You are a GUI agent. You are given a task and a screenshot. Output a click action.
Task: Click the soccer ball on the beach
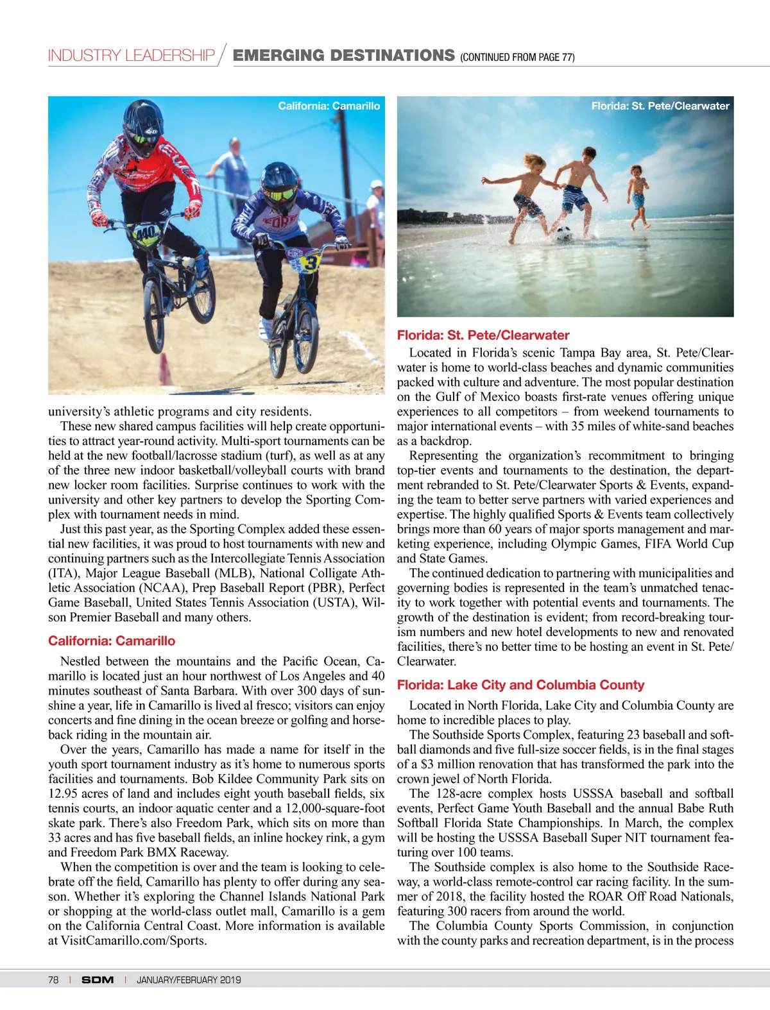563,234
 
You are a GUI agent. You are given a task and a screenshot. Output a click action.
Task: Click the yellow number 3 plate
311,262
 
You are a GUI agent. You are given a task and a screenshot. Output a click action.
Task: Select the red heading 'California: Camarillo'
112,641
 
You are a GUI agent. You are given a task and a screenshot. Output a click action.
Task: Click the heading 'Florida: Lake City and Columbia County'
520,685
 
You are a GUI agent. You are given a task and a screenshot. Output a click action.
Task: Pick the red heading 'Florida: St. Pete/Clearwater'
483,335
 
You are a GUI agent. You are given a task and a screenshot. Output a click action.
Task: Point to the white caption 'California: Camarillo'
329,106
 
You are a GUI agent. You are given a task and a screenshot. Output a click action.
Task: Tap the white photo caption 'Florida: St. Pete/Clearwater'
660,106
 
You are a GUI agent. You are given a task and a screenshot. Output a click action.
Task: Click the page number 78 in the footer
53,979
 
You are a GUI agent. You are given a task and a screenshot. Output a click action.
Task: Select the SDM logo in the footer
98,979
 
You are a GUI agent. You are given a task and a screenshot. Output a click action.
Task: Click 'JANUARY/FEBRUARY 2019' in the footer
189,979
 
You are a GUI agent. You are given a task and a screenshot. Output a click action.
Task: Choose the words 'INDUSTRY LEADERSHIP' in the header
131,56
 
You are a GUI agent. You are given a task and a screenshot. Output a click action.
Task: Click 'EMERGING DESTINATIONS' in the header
343,56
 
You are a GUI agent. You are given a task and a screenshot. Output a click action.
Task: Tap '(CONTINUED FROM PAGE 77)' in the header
517,57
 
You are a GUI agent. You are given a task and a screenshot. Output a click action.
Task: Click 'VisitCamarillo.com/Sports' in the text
133,941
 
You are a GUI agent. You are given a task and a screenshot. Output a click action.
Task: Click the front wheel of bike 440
154,307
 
